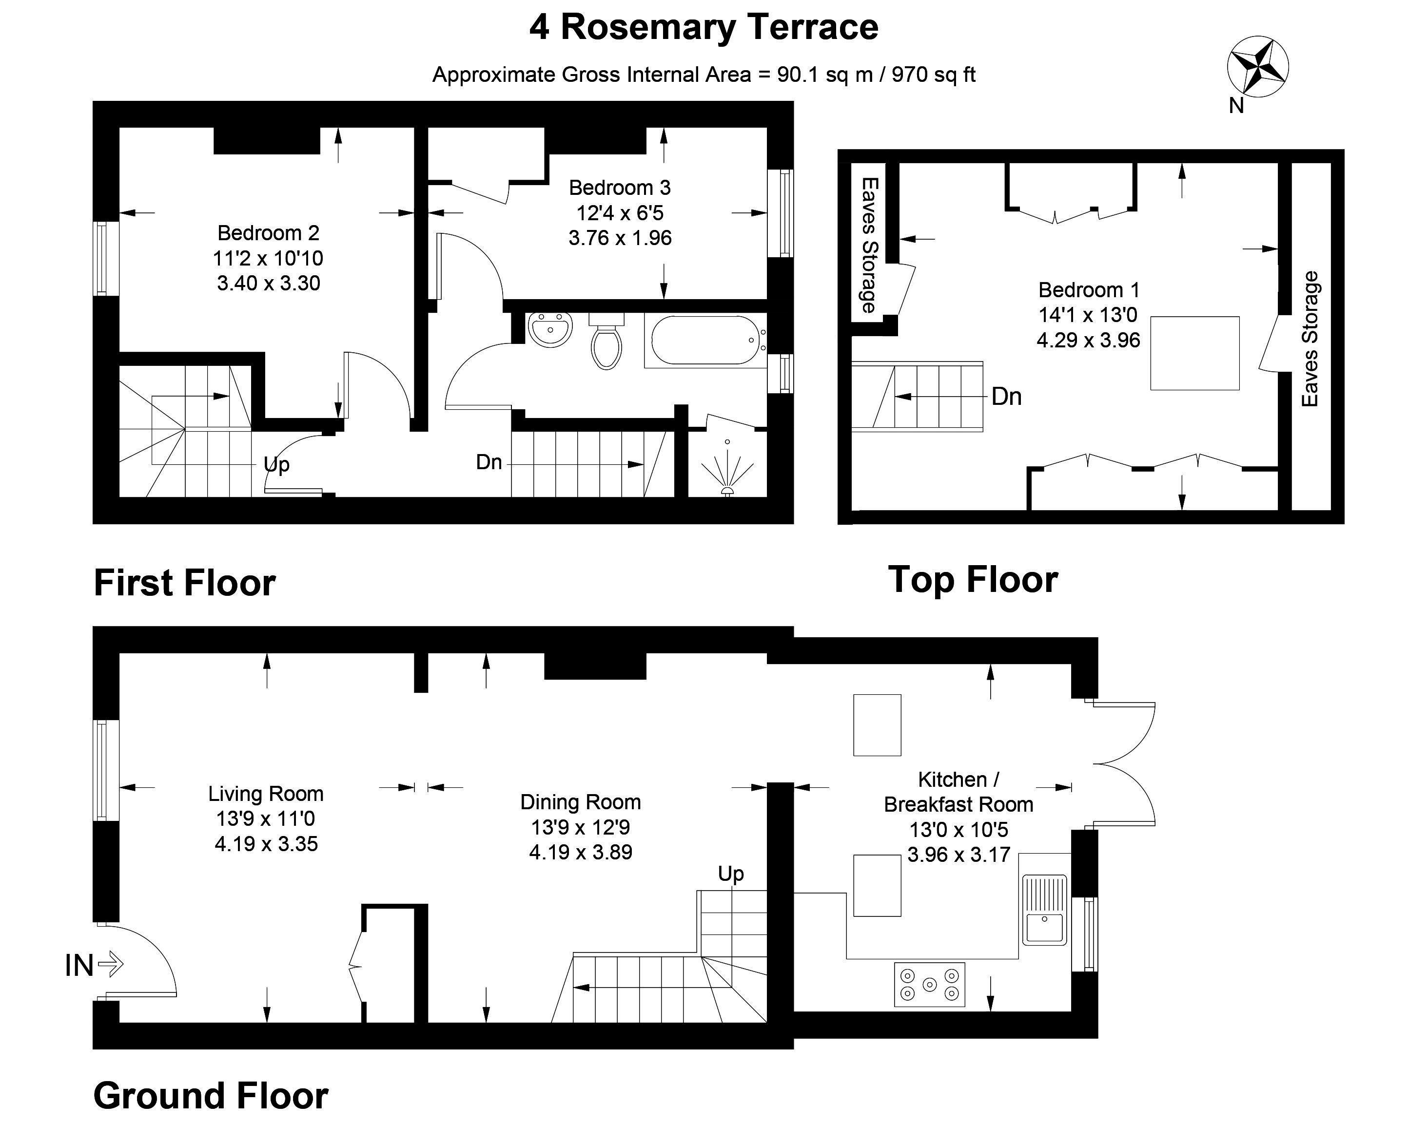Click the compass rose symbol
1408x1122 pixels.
click(1258, 67)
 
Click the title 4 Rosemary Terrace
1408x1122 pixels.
click(704, 27)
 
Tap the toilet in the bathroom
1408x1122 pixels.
click(606, 341)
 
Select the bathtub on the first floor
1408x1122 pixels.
click(704, 340)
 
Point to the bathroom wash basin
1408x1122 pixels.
click(550, 330)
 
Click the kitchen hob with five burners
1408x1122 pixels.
click(929, 984)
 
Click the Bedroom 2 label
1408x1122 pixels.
click(269, 233)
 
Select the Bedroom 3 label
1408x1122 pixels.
click(620, 188)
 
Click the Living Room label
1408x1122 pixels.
click(266, 794)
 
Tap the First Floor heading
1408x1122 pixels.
click(185, 583)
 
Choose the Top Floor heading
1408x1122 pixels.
click(973, 580)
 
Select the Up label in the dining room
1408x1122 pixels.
click(731, 874)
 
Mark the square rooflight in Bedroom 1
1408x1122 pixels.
click(1194, 353)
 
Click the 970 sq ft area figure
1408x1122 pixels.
click(934, 75)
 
